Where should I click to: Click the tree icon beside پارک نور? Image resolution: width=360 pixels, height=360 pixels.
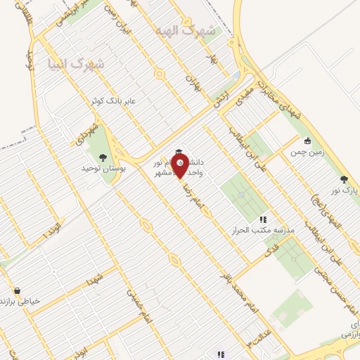tap(344, 179)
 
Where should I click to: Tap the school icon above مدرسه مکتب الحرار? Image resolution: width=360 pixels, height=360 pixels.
tap(264, 219)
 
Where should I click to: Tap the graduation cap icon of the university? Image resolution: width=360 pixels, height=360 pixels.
tap(179, 153)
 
